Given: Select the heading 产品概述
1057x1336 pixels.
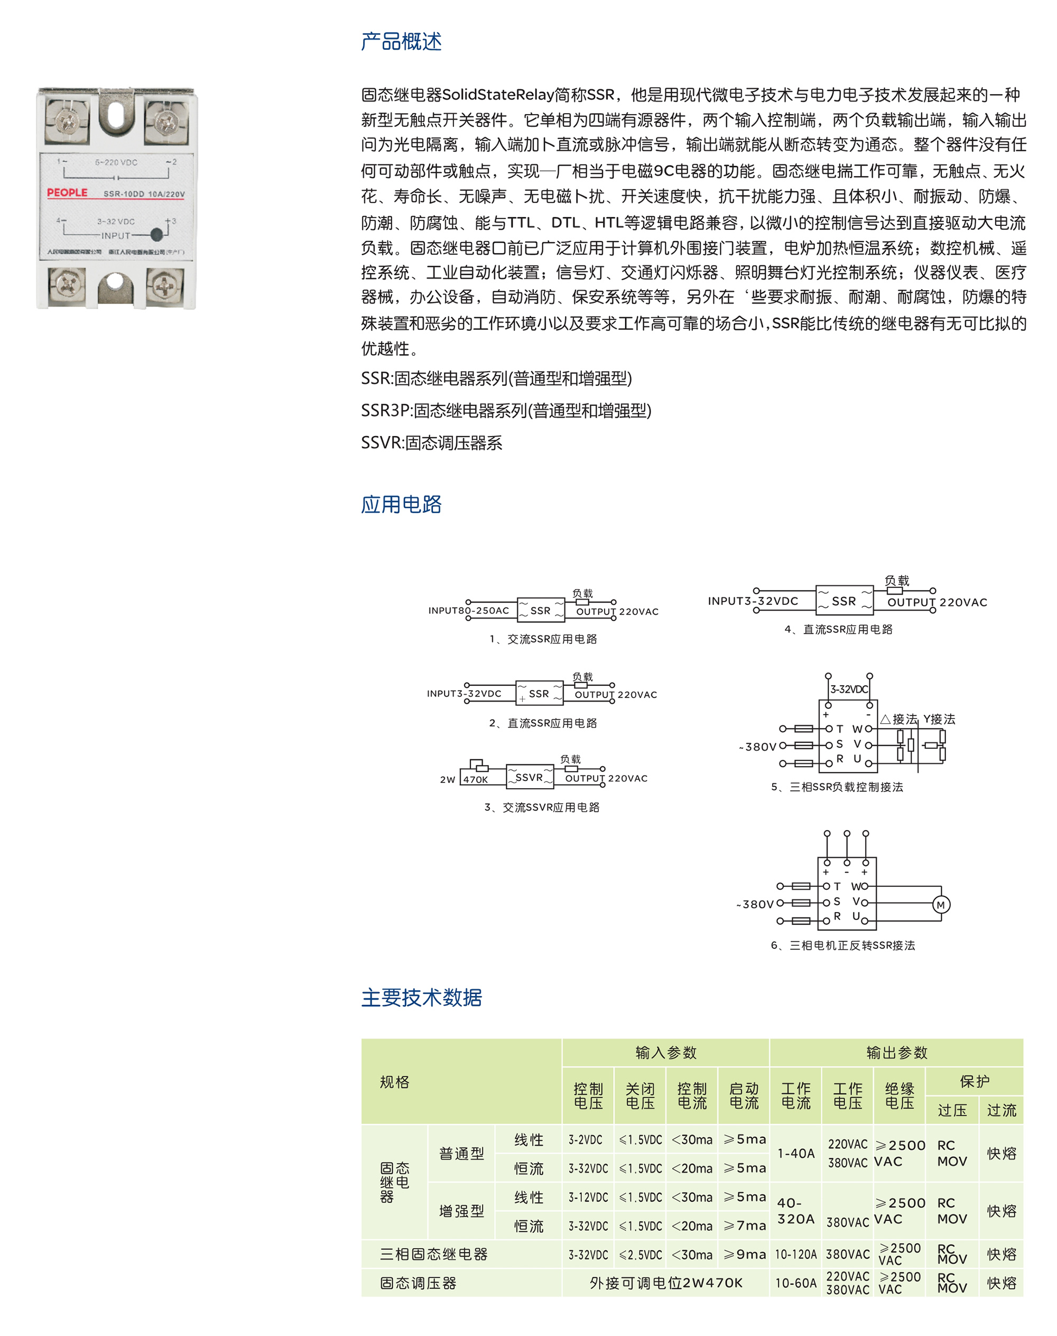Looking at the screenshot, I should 401,41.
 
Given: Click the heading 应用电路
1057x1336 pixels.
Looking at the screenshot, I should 401,504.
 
